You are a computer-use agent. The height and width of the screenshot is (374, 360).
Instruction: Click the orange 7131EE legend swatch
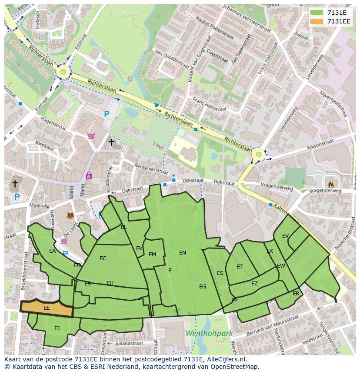click(x=317, y=21)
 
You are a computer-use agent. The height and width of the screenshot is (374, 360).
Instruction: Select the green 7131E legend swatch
click(x=317, y=13)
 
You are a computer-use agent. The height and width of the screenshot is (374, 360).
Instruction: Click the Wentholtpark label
click(x=209, y=334)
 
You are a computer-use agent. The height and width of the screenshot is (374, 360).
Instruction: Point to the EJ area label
click(x=57, y=328)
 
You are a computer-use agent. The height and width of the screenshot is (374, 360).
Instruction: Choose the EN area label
click(x=183, y=252)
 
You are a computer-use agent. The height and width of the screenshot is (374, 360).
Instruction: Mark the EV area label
click(x=285, y=236)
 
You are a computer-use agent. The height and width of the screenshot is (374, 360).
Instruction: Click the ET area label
click(x=240, y=267)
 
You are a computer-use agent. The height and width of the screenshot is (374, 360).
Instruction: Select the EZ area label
click(x=254, y=284)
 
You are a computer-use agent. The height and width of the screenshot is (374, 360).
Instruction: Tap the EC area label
click(x=103, y=258)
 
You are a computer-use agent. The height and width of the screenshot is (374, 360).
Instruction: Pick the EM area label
click(x=152, y=255)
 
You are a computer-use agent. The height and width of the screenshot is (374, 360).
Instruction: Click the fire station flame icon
click(x=331, y=184)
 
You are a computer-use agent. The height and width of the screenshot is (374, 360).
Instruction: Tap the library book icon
click(x=70, y=215)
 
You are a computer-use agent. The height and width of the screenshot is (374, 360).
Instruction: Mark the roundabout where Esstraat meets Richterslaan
click(x=63, y=72)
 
